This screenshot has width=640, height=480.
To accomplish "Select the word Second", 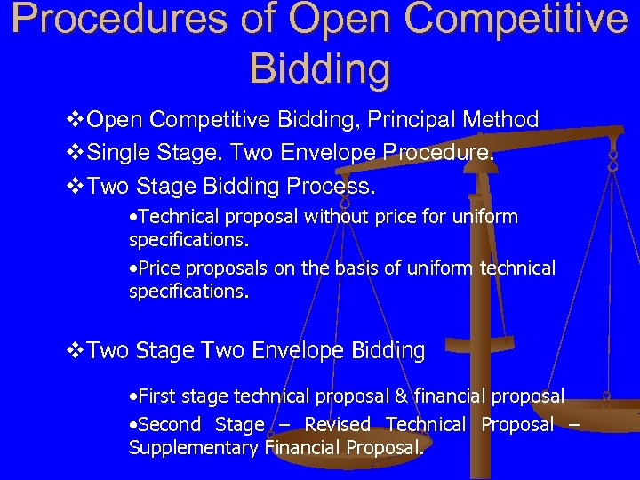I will (164, 425).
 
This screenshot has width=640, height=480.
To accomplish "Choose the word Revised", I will (337, 425).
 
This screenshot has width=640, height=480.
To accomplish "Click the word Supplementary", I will (194, 448).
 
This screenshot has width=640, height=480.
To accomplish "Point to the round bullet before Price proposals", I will (132, 268).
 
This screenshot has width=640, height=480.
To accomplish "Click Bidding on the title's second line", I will (319, 68).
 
